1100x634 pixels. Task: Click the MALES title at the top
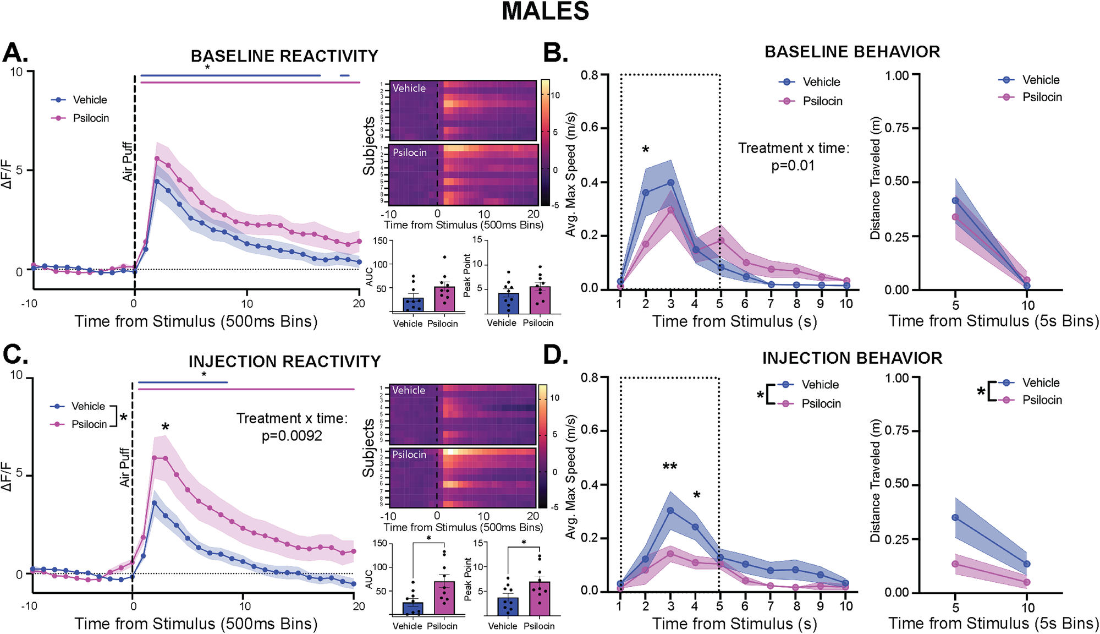pyautogui.click(x=545, y=12)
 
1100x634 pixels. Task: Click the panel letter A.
pyautogui.click(x=15, y=53)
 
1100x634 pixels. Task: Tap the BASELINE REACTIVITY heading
pyautogui.click(x=284, y=56)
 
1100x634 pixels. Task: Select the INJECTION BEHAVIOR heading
pyautogui.click(x=852, y=358)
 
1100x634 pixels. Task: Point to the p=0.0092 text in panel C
pyautogui.click(x=291, y=436)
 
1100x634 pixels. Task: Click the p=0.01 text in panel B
pyautogui.click(x=793, y=166)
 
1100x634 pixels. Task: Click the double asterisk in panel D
pyautogui.click(x=669, y=467)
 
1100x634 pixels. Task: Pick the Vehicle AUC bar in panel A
pyautogui.click(x=413, y=304)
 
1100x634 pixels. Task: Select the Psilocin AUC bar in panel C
pyautogui.click(x=444, y=598)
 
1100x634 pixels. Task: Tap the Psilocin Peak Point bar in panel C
pyautogui.click(x=540, y=598)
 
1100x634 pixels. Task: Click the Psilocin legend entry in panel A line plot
pyautogui.click(x=90, y=118)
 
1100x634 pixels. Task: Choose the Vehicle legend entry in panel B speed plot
pyautogui.click(x=821, y=82)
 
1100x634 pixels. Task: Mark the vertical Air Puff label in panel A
pyautogui.click(x=128, y=162)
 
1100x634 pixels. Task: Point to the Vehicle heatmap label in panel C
pyautogui.click(x=409, y=390)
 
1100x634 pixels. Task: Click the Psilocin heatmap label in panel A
pyautogui.click(x=410, y=152)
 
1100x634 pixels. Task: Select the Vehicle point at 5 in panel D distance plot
pyautogui.click(x=955, y=518)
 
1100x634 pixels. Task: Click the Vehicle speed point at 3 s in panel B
pyautogui.click(x=670, y=183)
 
